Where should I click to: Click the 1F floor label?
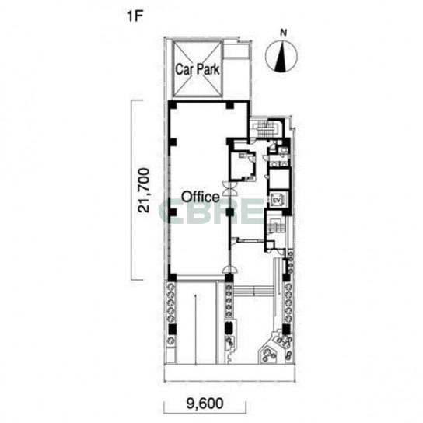tap(135, 17)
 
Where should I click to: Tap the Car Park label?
tap(198, 69)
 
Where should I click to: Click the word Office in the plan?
tap(200, 197)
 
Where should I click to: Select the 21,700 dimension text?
tap(143, 191)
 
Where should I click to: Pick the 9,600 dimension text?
tap(205, 404)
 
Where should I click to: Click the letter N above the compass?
tap(283, 33)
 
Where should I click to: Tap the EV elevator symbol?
tap(276, 200)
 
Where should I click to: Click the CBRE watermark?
tap(211, 211)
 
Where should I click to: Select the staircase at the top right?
tap(266, 128)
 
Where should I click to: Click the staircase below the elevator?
tap(275, 225)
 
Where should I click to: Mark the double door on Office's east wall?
tap(229, 188)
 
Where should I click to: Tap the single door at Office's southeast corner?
tap(229, 270)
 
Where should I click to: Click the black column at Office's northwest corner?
tap(173, 105)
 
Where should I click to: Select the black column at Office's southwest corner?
tap(172, 278)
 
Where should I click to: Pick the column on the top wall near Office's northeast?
tap(229, 105)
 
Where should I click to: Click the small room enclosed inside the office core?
tap(242, 166)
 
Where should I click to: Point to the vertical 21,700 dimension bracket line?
tap(131, 190)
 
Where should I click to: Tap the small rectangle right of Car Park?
tap(236, 51)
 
